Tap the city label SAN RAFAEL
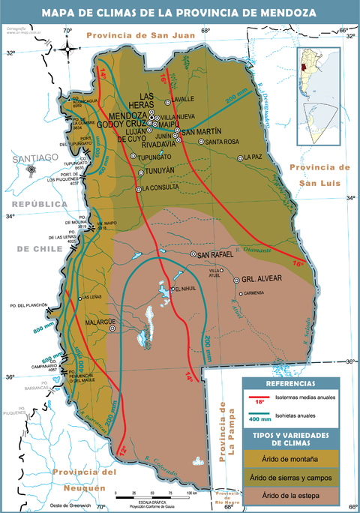215,255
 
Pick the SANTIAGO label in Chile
31,157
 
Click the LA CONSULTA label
161,188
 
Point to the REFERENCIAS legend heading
289,384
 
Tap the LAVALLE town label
183,98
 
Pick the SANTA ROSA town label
222,141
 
